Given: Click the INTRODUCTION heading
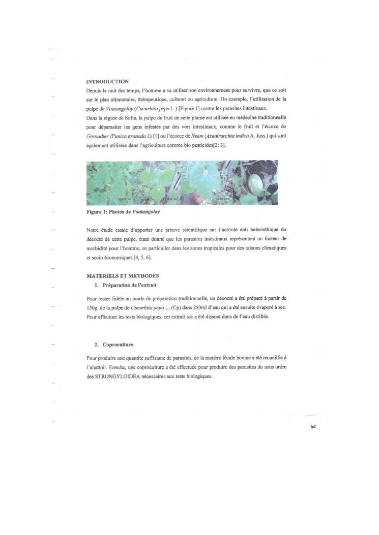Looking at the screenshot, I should (107, 81).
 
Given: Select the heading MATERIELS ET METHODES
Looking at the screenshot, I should (120, 276).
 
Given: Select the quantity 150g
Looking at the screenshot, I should (93, 308).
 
